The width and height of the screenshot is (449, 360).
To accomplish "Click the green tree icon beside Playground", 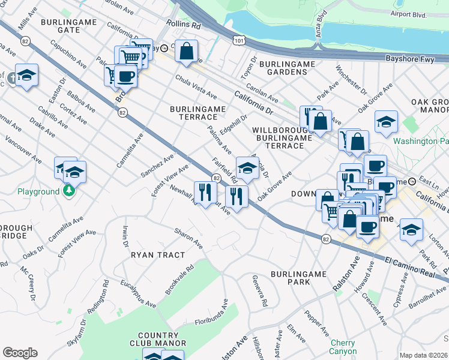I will (x=70, y=191).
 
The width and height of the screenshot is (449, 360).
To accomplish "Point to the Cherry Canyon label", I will (x=343, y=347).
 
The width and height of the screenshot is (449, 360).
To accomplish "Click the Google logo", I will (x=20, y=353).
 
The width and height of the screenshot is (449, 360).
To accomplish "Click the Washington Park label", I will (x=421, y=142).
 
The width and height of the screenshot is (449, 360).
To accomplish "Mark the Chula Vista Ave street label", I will (x=196, y=88).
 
